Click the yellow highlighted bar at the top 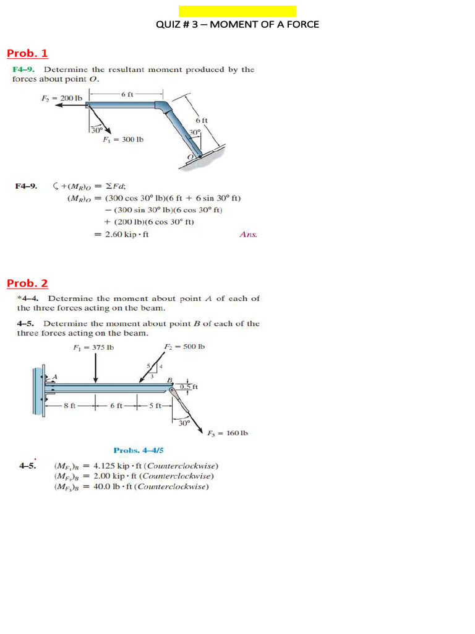pyautogui.click(x=237, y=11)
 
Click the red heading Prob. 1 pyautogui.click(x=27, y=53)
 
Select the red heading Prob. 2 pyautogui.click(x=27, y=284)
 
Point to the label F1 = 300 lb pyautogui.click(x=123, y=139)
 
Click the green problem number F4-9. pyautogui.click(x=25, y=69)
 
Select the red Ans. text pyautogui.click(x=247, y=234)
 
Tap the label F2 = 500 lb pyautogui.click(x=184, y=347)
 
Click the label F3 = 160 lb pyautogui.click(x=229, y=433)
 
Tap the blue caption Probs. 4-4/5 pyautogui.click(x=138, y=450)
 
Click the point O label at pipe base pyautogui.click(x=192, y=158)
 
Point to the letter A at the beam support pyautogui.click(x=54, y=376)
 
